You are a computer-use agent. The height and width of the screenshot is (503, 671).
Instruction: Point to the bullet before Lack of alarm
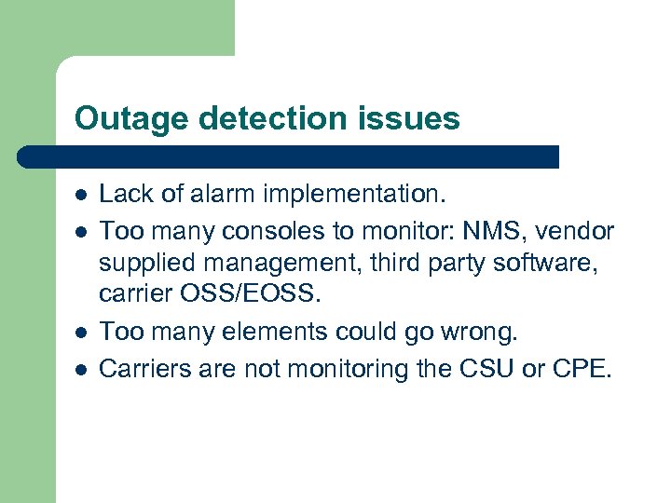[x=81, y=196]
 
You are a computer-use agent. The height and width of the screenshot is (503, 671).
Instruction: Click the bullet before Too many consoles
[x=81, y=230]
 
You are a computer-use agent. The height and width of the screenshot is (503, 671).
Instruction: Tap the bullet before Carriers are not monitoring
[x=81, y=370]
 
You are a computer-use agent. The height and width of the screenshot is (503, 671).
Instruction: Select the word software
[x=554, y=264]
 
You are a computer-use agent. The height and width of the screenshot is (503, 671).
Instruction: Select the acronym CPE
[x=582, y=369]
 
